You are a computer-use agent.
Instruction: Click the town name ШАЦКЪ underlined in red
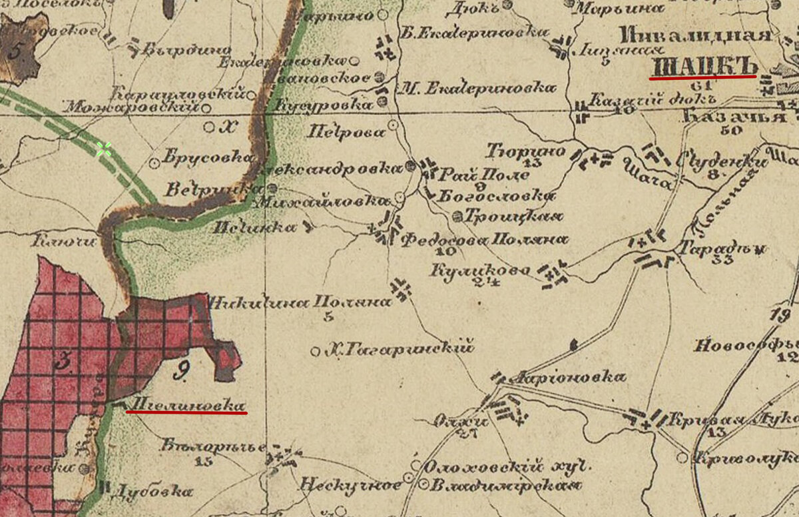click(x=704, y=67)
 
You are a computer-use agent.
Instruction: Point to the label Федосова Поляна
click(x=484, y=240)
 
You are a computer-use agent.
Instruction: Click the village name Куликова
click(x=480, y=270)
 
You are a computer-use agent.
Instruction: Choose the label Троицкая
click(x=513, y=217)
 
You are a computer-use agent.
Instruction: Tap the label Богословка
click(x=496, y=197)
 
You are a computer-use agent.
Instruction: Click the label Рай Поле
click(x=485, y=175)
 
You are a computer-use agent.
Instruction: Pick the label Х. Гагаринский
click(x=400, y=347)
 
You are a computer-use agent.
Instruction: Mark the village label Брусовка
click(x=209, y=158)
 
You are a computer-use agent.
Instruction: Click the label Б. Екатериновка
click(x=475, y=32)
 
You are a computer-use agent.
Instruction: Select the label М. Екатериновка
click(x=478, y=87)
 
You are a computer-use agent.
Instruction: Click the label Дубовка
click(x=151, y=492)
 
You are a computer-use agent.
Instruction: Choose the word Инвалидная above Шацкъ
click(x=695, y=36)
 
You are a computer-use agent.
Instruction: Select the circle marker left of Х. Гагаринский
click(x=316, y=350)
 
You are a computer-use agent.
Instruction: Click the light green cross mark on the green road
click(x=103, y=149)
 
